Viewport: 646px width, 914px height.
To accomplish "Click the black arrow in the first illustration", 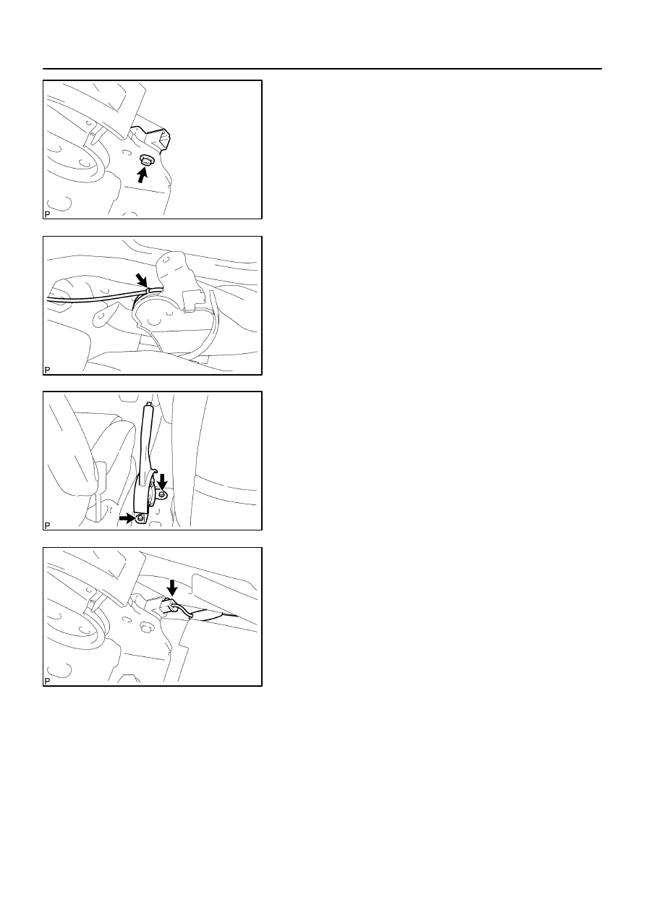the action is pyautogui.click(x=142, y=176).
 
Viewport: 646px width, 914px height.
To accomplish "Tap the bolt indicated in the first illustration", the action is pyautogui.click(x=144, y=161).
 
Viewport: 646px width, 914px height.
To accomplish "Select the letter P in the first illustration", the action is pyautogui.click(x=47, y=214).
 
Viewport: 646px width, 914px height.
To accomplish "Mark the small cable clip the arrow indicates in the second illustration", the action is pyautogui.click(x=154, y=289).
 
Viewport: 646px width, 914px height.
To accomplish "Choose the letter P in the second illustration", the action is pyautogui.click(x=47, y=370).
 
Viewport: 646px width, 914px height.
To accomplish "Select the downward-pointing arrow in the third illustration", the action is pyautogui.click(x=162, y=481).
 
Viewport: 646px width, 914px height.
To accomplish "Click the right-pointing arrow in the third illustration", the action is pyautogui.click(x=127, y=518).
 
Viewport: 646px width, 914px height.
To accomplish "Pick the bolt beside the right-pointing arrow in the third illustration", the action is pyautogui.click(x=140, y=518).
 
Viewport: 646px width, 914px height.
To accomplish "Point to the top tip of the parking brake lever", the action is pyautogui.click(x=148, y=404).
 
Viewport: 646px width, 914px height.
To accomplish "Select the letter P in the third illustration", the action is pyautogui.click(x=47, y=525).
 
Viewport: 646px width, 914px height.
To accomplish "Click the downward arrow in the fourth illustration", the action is pyautogui.click(x=172, y=588).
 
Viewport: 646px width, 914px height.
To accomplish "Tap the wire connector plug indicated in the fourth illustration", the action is pyautogui.click(x=169, y=606).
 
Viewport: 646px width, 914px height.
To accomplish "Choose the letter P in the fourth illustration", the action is pyautogui.click(x=47, y=682).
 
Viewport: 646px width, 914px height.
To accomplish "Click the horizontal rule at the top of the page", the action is pyautogui.click(x=322, y=69).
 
